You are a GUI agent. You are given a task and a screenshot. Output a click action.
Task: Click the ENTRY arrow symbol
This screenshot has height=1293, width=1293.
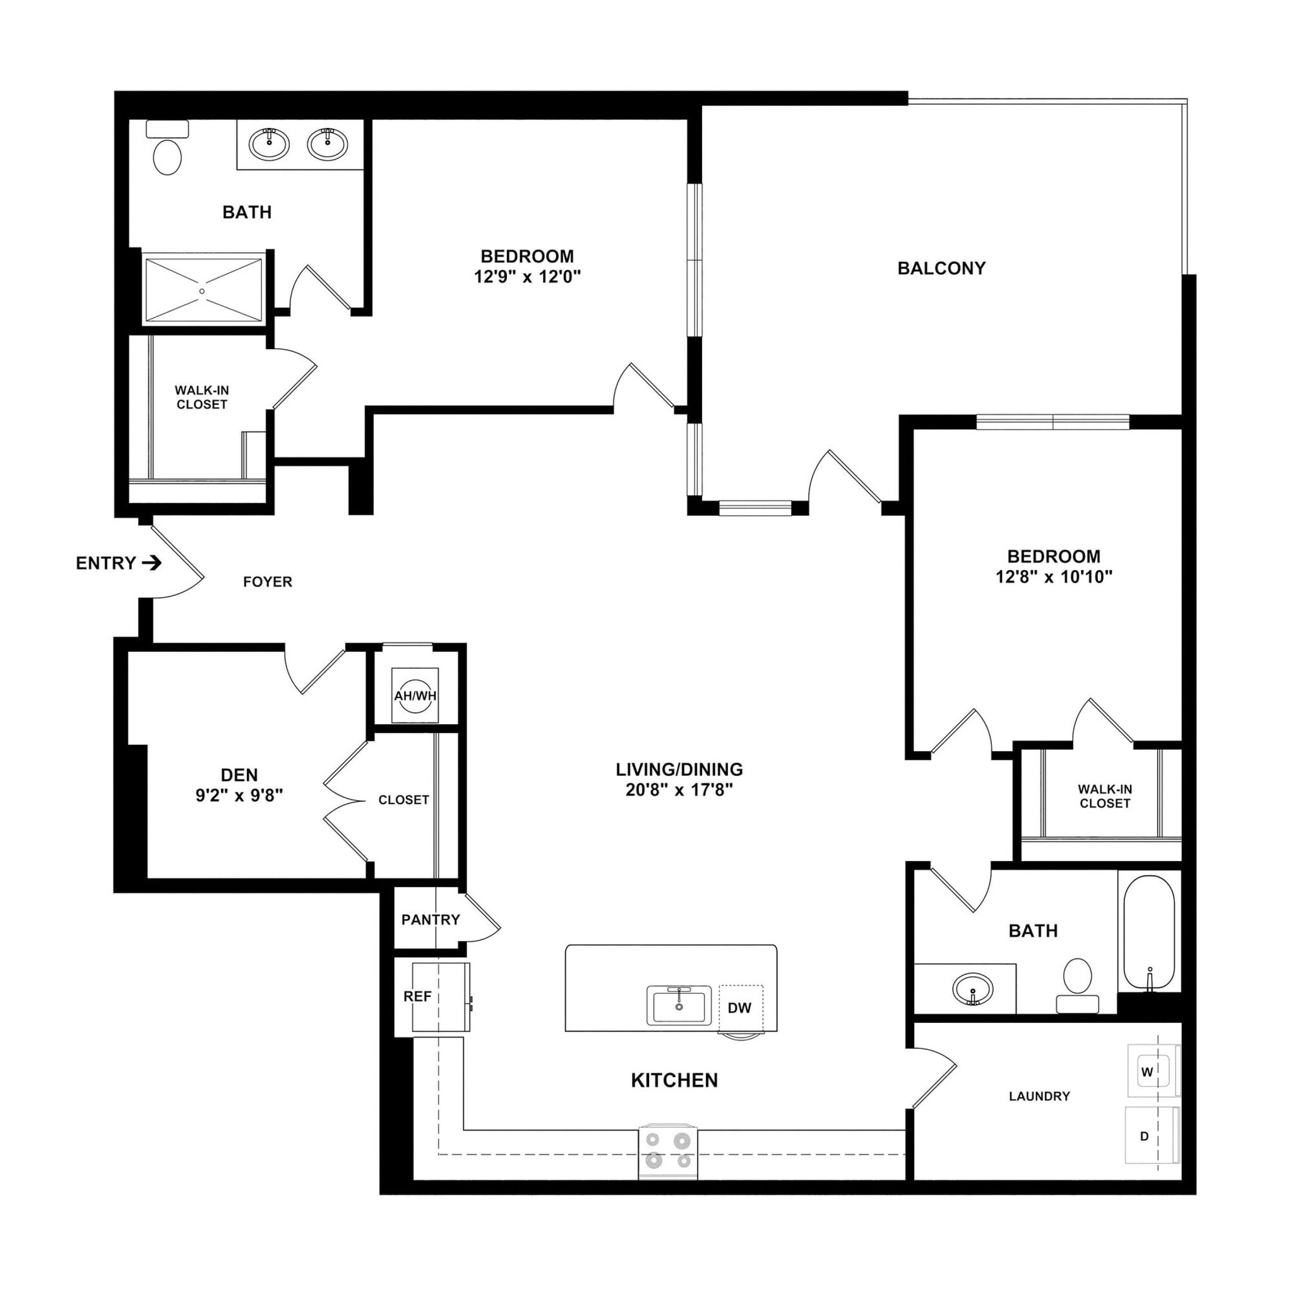[152, 564]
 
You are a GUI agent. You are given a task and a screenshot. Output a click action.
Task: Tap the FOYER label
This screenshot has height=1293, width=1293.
[268, 582]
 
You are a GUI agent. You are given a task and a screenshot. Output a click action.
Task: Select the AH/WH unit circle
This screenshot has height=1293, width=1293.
[415, 696]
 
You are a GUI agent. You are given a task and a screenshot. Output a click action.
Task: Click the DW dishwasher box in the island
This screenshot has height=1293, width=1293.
[740, 1008]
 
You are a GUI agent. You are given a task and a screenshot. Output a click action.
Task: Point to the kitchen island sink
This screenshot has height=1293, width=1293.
[679, 1004]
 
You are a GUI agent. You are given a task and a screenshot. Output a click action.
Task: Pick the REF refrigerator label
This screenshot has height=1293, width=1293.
[417, 996]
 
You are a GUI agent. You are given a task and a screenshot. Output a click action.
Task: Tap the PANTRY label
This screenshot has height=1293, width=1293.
[431, 919]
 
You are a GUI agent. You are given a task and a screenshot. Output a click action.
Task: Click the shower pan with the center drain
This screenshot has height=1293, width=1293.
[203, 290]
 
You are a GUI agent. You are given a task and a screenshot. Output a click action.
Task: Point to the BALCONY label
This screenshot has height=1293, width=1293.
[941, 268]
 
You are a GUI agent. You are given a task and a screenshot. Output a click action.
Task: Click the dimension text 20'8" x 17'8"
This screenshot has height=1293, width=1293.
[679, 790]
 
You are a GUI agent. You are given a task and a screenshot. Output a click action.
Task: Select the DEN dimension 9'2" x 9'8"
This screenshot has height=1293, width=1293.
[239, 795]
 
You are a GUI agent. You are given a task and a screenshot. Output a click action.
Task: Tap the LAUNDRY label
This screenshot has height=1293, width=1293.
[1039, 1096]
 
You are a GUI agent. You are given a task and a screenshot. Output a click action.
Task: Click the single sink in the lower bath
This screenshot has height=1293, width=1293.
[973, 988]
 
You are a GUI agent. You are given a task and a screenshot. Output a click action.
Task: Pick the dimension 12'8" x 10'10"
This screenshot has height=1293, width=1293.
[1054, 577]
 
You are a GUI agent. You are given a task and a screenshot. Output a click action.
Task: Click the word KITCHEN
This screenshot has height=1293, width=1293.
[675, 1080]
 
